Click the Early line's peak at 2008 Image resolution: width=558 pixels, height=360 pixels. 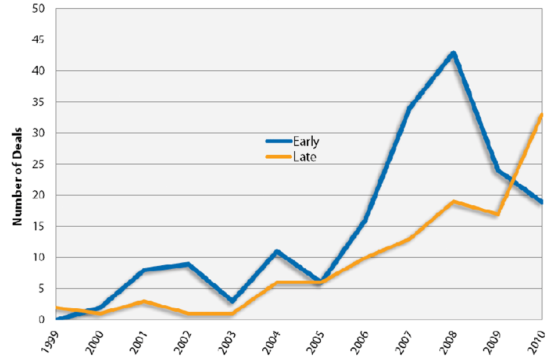tap(453, 53)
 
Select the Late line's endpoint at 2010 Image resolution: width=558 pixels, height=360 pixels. tap(541, 115)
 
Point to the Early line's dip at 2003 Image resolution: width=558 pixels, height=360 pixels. tap(233, 301)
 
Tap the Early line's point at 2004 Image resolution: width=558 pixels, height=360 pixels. tap(277, 251)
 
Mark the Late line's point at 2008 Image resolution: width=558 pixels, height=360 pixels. tap(453, 202)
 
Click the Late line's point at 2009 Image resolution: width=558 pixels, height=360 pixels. tap(498, 214)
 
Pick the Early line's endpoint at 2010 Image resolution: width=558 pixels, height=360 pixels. tap(541, 202)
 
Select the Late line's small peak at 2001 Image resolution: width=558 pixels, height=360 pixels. tap(144, 301)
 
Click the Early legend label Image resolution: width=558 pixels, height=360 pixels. tap(306, 141)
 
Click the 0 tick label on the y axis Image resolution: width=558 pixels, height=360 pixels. tap(42, 320)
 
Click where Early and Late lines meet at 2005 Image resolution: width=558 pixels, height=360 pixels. tap(321, 282)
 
